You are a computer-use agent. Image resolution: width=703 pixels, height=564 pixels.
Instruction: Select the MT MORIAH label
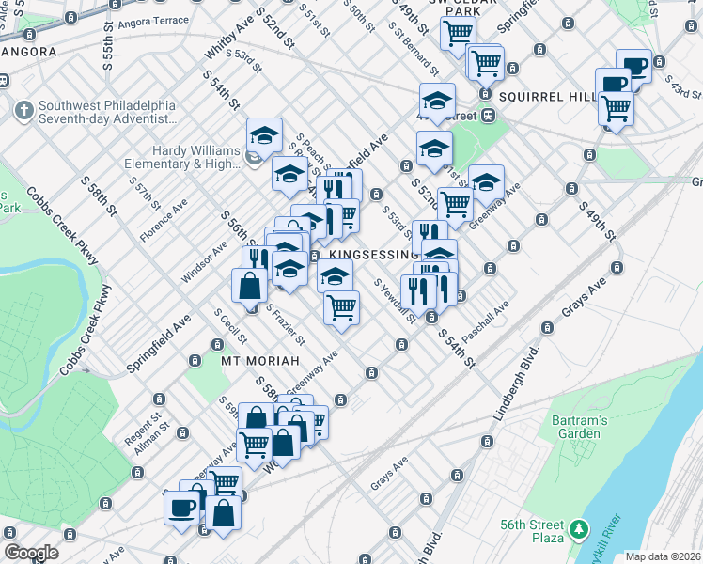pyautogui.click(x=260, y=361)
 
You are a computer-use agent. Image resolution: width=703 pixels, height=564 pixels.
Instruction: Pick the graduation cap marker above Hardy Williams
pyautogui.click(x=265, y=135)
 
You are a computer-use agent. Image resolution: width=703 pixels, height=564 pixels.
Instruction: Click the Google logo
pyautogui.click(x=31, y=553)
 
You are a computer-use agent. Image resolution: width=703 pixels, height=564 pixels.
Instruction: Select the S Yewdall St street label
pyautogui.click(x=395, y=300)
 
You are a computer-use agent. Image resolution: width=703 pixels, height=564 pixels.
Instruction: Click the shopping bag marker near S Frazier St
pyautogui.click(x=249, y=286)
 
